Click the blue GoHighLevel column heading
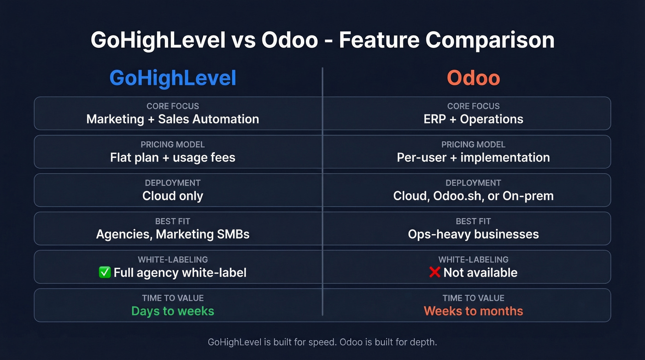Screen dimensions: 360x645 click(x=173, y=78)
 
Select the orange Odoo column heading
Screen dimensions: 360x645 click(x=473, y=78)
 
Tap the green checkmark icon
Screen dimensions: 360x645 click(x=105, y=272)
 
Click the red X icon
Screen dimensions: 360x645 click(x=434, y=272)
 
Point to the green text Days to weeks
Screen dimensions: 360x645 click(x=173, y=311)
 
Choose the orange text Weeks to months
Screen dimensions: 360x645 click(x=473, y=311)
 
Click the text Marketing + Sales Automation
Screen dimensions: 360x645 click(x=173, y=119)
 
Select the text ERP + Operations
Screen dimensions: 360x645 click(x=473, y=119)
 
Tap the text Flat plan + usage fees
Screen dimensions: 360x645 click(x=173, y=158)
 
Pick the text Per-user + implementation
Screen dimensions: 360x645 click(x=473, y=158)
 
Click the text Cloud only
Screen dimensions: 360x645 click(x=173, y=196)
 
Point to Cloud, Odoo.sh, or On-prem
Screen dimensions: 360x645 click(x=473, y=196)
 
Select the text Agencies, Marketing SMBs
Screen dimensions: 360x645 click(x=173, y=234)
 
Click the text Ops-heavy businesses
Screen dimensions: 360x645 click(x=473, y=234)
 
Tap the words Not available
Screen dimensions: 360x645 click(x=480, y=273)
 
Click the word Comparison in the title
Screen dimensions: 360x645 click(x=490, y=41)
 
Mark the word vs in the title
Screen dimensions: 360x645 click(x=244, y=41)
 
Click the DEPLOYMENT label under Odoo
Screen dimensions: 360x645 click(x=473, y=183)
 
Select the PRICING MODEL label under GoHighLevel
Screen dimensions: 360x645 click(x=173, y=145)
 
